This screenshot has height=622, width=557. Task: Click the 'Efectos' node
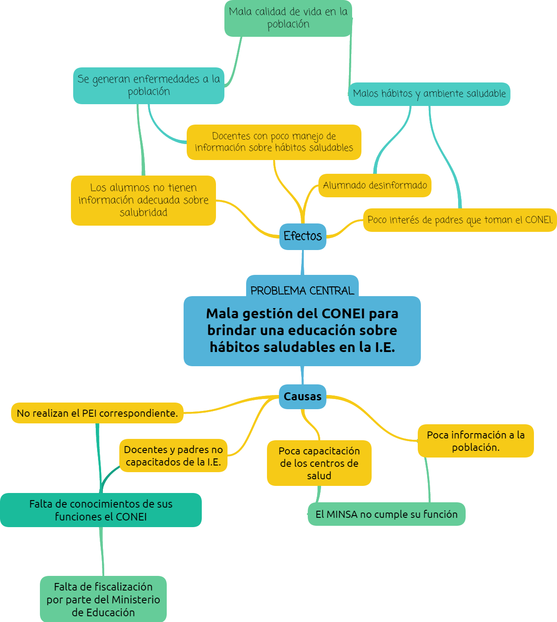(303, 236)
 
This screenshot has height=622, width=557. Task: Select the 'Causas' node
(303, 396)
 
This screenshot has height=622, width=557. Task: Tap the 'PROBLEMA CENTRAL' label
(302, 290)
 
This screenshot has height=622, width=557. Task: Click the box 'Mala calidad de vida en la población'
(288, 18)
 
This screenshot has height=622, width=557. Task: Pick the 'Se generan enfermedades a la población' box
(149, 86)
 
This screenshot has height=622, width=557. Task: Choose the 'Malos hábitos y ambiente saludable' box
(429, 94)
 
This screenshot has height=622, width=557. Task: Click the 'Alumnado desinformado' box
(375, 185)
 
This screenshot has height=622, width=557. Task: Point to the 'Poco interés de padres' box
(460, 220)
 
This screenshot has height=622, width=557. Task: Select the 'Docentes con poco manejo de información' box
(274, 142)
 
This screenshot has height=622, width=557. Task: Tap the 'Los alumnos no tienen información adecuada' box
(143, 200)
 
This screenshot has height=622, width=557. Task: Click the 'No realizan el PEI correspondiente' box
(97, 413)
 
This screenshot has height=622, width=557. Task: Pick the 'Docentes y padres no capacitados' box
(173, 456)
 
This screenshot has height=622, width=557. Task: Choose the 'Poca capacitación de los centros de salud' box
(319, 463)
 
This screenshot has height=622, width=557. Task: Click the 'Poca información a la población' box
(475, 441)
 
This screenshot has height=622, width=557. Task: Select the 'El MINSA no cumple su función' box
(386, 514)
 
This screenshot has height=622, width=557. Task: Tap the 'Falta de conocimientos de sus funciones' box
(101, 510)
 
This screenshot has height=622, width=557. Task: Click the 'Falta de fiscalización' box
(103, 599)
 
